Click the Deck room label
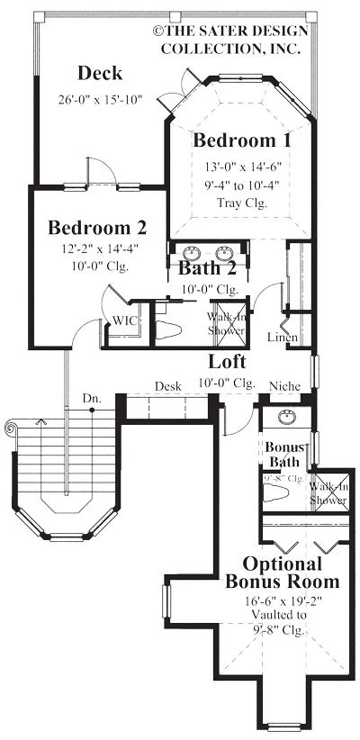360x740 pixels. (x=100, y=73)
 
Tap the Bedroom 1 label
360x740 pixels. (x=242, y=140)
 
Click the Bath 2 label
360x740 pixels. (x=208, y=267)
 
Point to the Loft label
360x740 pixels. (x=229, y=362)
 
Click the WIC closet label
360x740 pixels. (x=123, y=321)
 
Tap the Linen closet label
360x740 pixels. (x=283, y=337)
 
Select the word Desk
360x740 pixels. (x=167, y=385)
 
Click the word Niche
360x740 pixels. (x=284, y=385)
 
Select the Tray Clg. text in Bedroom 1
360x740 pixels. (x=242, y=201)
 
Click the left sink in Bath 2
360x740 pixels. (x=191, y=252)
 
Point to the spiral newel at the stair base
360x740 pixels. (x=16, y=427)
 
